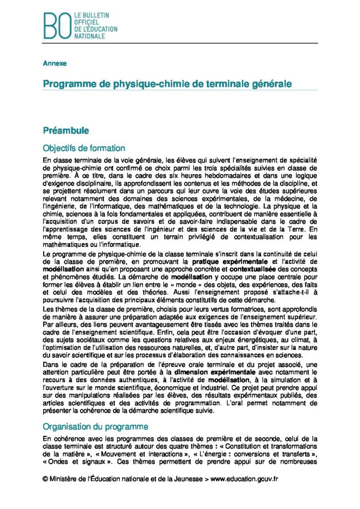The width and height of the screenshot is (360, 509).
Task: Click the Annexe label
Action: (x=54, y=64)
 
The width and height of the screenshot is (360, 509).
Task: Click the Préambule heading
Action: (x=66, y=131)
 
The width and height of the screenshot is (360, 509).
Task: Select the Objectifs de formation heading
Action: (x=84, y=148)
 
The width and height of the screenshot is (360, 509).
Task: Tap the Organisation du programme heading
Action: (x=95, y=426)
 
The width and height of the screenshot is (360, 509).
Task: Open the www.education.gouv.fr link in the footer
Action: (x=244, y=479)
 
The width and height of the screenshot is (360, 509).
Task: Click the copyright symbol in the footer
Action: (x=45, y=479)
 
